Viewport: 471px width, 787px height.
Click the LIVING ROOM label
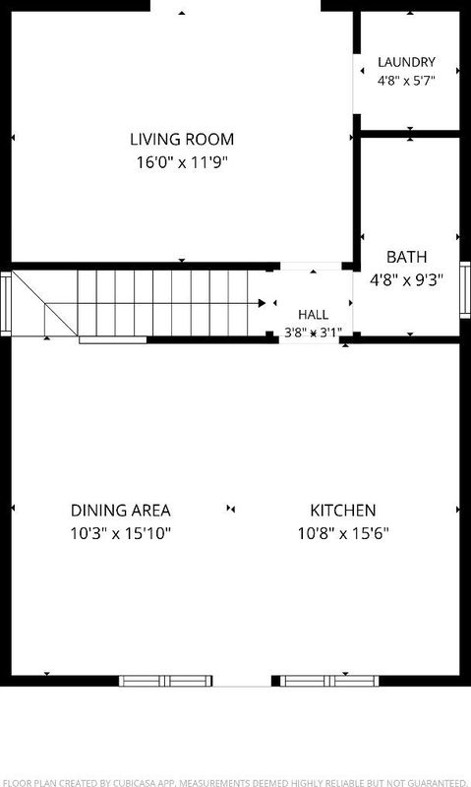(182, 139)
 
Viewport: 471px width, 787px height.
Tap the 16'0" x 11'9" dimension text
(182, 162)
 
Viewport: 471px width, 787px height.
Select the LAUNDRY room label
(406, 62)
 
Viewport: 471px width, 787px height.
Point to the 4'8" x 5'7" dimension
(406, 81)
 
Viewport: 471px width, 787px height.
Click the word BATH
(407, 257)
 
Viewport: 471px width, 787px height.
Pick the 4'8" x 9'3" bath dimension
(407, 279)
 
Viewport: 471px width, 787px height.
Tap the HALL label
(314, 315)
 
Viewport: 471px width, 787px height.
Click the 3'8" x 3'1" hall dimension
(314, 333)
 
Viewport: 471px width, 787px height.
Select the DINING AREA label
(120, 511)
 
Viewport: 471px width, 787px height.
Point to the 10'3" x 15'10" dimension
(120, 533)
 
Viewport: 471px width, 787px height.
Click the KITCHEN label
(343, 511)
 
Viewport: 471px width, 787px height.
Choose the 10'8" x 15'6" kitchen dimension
(343, 533)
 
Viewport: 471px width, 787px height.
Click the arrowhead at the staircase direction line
(262, 303)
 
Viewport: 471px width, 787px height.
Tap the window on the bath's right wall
(465, 290)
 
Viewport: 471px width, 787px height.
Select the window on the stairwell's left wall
(6, 304)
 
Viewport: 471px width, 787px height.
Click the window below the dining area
(165, 681)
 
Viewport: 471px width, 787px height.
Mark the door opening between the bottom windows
(242, 681)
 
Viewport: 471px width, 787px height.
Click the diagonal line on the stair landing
(44, 304)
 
